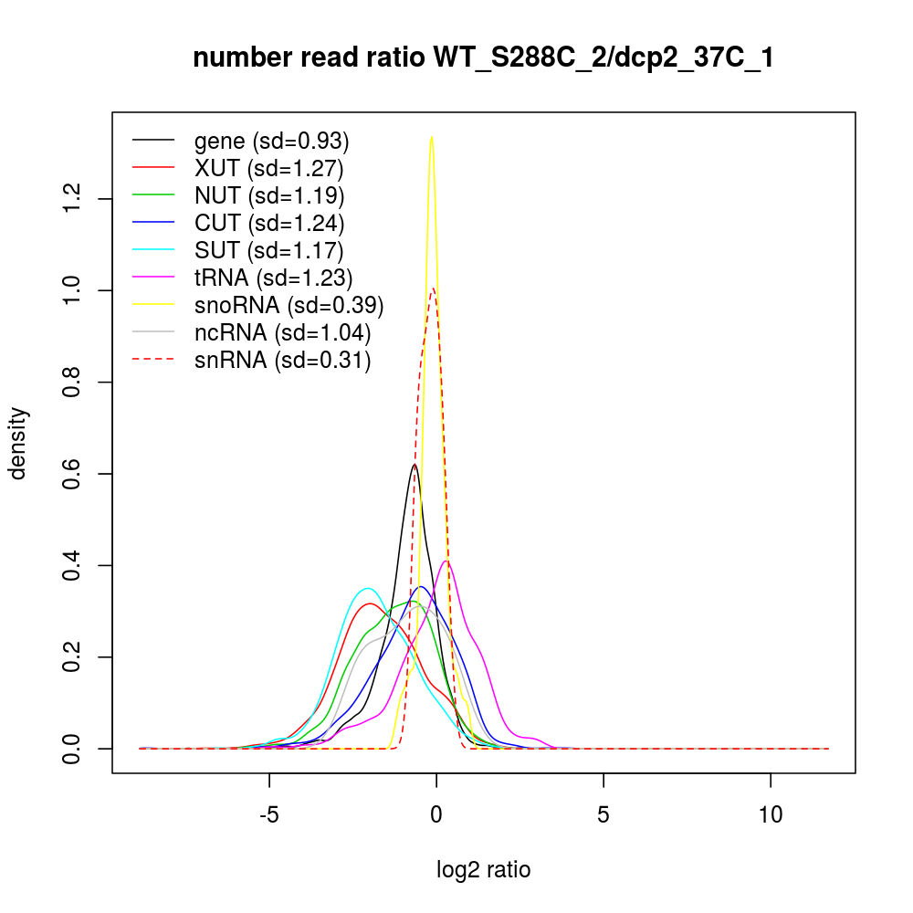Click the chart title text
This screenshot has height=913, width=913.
(483, 58)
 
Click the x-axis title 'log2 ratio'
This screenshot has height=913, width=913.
(484, 870)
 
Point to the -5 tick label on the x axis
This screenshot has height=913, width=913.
(269, 814)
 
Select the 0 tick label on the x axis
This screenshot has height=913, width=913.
(436, 814)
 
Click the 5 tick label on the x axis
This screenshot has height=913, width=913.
(603, 814)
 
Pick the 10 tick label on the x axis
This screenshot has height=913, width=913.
(771, 814)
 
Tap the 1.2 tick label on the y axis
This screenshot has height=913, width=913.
(72, 198)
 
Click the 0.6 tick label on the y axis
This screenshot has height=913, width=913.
(72, 474)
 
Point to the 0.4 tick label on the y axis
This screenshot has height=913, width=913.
(72, 565)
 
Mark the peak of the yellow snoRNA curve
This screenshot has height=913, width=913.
(431, 137)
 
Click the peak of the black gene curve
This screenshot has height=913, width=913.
(415, 464)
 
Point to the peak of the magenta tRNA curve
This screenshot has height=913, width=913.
(446, 561)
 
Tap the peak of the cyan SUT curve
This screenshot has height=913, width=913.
(367, 588)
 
